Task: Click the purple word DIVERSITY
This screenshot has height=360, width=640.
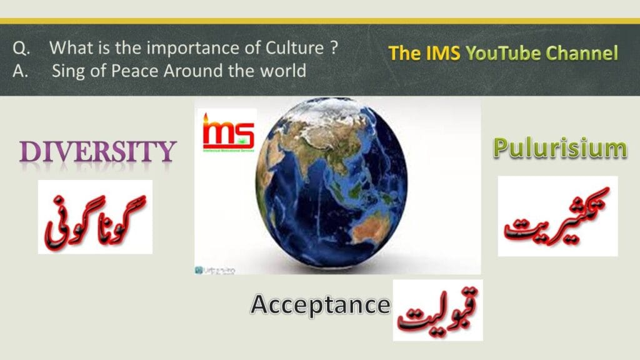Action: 96,152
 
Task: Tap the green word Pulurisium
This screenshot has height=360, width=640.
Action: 559,149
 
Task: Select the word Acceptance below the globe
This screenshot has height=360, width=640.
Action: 320,305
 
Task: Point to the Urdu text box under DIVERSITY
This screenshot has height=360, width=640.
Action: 95,217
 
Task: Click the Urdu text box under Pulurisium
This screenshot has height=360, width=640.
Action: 557,216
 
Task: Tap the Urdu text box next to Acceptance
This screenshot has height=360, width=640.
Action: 437,310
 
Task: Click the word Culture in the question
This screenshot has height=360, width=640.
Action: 292,47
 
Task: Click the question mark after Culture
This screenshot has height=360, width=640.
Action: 334,47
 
